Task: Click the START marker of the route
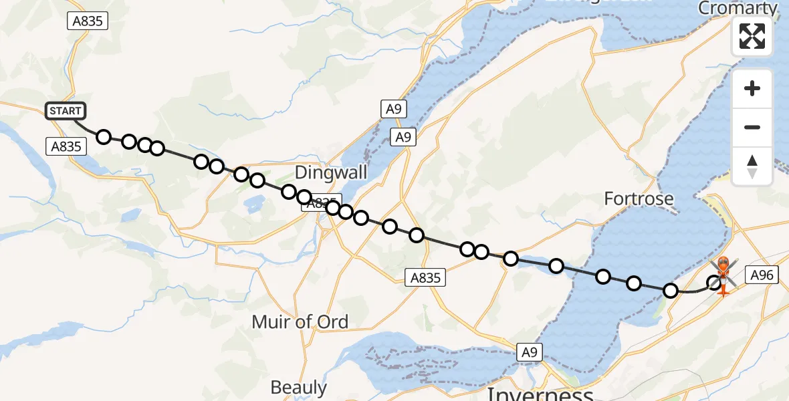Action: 66,111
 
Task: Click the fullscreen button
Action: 752,36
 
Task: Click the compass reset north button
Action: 752,166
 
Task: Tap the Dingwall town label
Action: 331,172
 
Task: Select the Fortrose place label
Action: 639,198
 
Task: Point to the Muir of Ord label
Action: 300,321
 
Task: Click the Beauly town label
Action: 299,387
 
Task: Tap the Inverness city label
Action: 540,392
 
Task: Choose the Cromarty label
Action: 738,8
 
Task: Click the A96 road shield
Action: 762,275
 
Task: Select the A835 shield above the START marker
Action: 88,21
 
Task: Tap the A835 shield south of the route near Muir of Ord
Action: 426,277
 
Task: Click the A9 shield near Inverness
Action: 528,352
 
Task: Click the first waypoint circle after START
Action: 104,137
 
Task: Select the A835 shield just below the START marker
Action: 66,146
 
